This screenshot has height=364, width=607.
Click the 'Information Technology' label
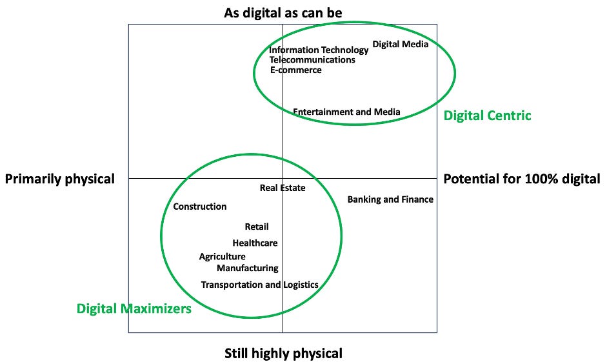click(x=319, y=50)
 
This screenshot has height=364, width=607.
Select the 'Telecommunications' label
click(x=312, y=60)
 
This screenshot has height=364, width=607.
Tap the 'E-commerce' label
click(x=295, y=70)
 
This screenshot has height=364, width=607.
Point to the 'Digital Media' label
click(x=400, y=45)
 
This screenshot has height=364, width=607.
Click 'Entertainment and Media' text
click(x=346, y=112)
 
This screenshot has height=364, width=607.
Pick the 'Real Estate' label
click(x=283, y=188)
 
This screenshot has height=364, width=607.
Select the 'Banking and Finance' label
click(x=390, y=199)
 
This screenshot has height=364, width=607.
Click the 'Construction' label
click(x=200, y=207)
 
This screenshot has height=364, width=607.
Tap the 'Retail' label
click(x=257, y=227)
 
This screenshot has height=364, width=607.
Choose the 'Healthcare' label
click(x=255, y=243)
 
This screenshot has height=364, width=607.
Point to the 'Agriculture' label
click(x=222, y=257)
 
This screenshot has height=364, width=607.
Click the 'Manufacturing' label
click(x=248, y=268)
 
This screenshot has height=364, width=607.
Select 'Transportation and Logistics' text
click(x=259, y=285)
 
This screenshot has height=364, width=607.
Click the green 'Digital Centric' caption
click(x=487, y=116)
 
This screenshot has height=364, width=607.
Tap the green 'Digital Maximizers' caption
click(x=134, y=308)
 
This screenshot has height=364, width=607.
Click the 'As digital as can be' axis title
click(x=283, y=12)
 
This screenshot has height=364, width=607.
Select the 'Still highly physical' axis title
click(x=283, y=353)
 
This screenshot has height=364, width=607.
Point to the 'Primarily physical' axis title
click(x=59, y=179)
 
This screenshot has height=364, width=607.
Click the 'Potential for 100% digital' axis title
click(x=521, y=179)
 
